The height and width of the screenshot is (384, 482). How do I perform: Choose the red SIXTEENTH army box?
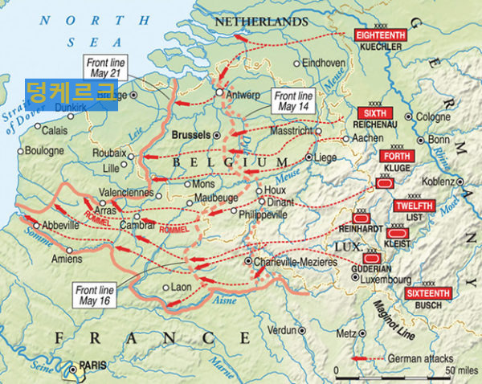pyautogui.click(x=427, y=294)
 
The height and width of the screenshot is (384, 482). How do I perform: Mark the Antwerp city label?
pyautogui.click(x=245, y=94)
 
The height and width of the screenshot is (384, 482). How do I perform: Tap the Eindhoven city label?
pyautogui.click(x=324, y=62)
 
